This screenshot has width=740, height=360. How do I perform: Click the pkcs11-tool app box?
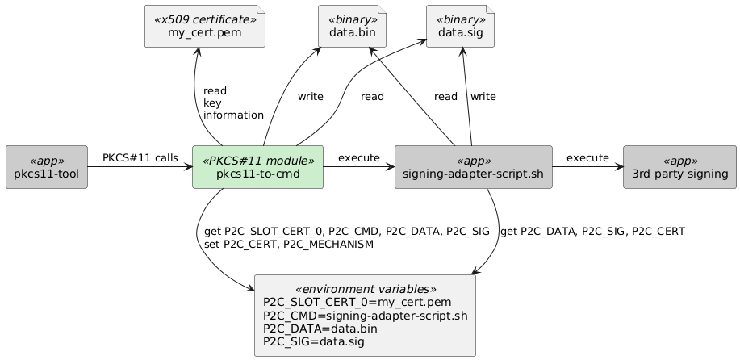[46, 167]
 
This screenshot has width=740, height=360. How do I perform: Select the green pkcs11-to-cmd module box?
[257, 167]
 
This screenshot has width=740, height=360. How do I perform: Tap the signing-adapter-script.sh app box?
[473, 167]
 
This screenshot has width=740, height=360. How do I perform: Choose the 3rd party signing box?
[679, 167]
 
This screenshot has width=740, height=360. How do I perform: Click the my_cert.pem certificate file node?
[204, 26]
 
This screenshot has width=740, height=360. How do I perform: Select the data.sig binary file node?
[460, 26]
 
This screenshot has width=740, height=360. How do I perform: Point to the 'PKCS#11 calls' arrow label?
[140, 157]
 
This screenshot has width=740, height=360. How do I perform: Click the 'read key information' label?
[233, 103]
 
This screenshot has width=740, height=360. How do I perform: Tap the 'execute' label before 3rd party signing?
[587, 157]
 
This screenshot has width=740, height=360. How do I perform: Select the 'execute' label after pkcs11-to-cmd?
[358, 157]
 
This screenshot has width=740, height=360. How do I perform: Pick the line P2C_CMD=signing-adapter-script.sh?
[365, 316]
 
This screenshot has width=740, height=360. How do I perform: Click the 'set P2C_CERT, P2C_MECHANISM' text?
[289, 244]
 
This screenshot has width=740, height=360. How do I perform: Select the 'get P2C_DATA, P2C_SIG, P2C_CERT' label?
[592, 232]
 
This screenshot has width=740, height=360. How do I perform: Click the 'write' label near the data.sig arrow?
[483, 97]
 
